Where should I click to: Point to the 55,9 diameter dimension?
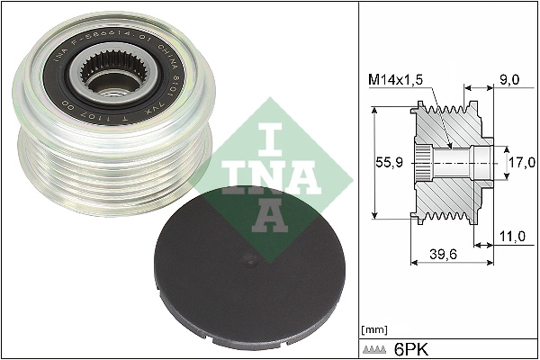pyautogui.click(x=389, y=163)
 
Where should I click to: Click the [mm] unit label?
pyautogui.click(x=372, y=329)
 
